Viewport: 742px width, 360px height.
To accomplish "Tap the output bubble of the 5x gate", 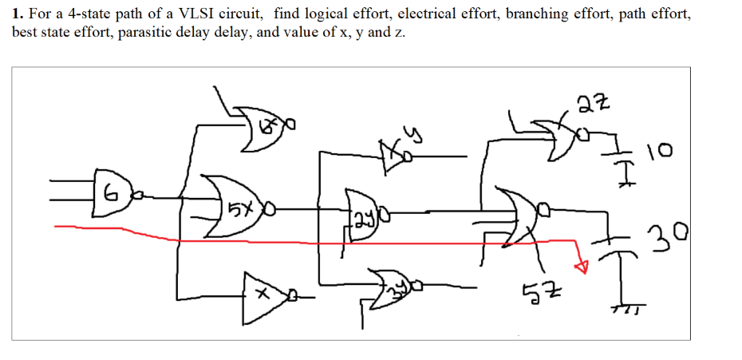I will [270, 212].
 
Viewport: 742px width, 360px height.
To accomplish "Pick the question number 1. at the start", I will [18, 14].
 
